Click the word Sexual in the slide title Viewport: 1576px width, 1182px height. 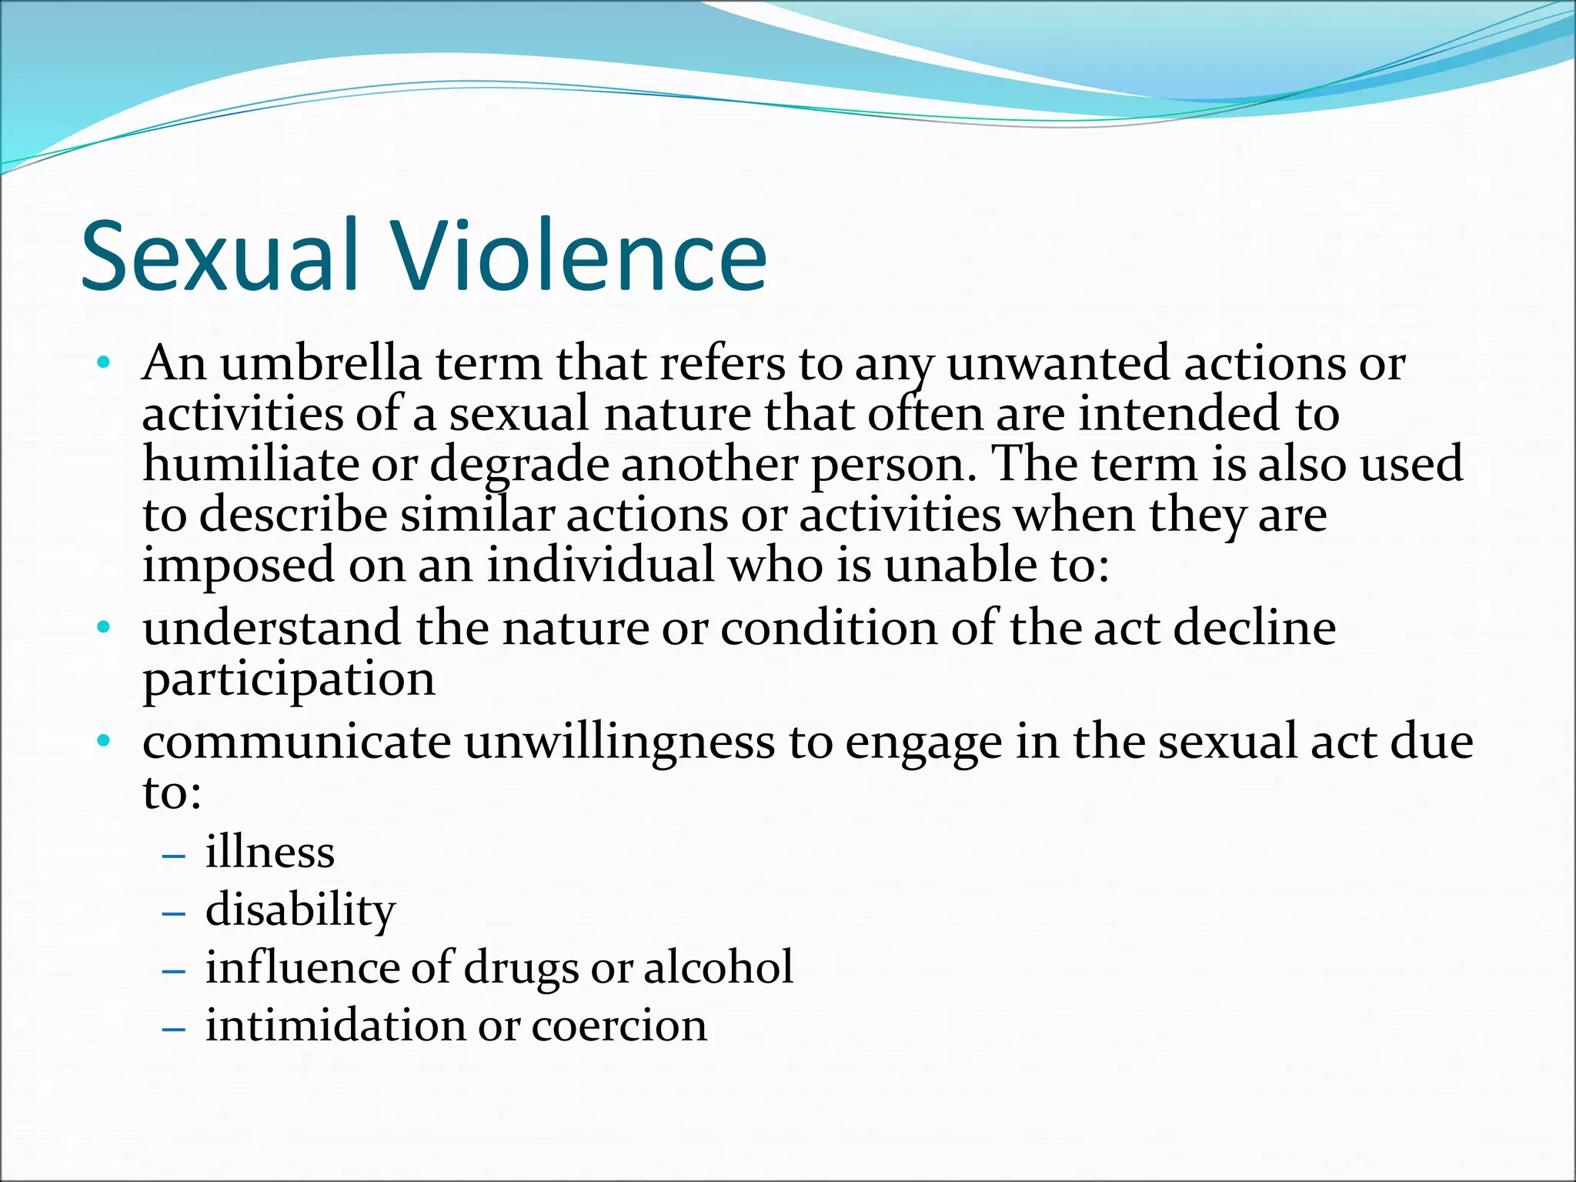[x=219, y=256]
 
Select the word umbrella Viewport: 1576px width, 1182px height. [x=321, y=363]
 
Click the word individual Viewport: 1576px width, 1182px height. [x=601, y=565]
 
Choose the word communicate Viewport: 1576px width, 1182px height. [x=296, y=742]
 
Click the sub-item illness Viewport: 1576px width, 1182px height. [x=270, y=853]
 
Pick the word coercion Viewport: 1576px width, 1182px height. [x=619, y=1026]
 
